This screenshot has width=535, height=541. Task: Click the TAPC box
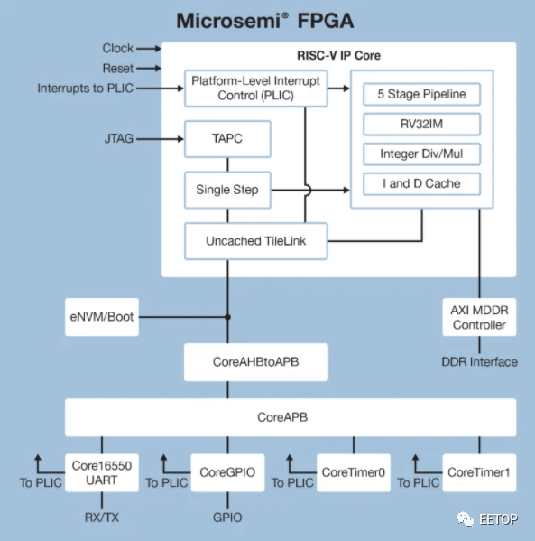coord(227,139)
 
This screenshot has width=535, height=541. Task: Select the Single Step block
coord(227,190)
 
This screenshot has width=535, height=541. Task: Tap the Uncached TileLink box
coord(256,241)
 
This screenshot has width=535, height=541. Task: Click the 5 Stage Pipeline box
coord(421,94)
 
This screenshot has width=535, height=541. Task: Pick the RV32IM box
coord(421,125)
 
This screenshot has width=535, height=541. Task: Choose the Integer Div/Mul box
coord(421,154)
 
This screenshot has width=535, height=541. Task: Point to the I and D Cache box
coord(421,184)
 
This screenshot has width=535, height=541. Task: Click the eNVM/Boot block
coord(102,317)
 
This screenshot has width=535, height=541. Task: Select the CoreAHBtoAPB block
coord(256,362)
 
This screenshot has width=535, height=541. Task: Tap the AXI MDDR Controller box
coord(479,317)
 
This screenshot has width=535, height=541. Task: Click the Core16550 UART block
coord(102,472)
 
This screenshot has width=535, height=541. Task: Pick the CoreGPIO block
coord(227,472)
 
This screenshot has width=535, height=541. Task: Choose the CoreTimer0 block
coord(354,472)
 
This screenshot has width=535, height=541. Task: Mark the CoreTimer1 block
coord(479,472)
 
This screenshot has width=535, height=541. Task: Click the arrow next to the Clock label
coord(149,49)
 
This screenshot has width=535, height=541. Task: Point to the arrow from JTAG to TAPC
coord(160,139)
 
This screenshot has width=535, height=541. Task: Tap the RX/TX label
coord(102,518)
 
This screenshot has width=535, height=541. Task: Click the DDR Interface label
coord(479,362)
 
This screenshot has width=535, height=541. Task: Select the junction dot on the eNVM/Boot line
coord(227,317)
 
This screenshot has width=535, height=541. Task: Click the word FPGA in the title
coord(326,21)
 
